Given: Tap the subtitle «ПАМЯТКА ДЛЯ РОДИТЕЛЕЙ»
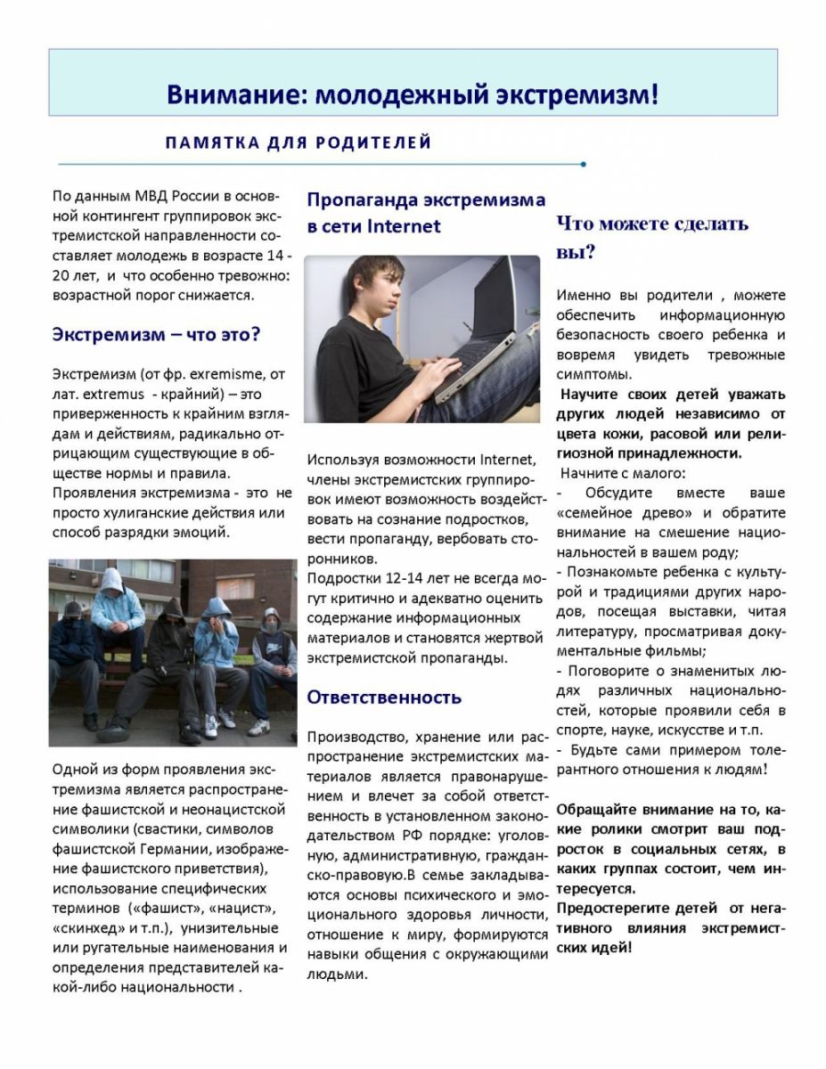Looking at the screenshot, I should point(299,143).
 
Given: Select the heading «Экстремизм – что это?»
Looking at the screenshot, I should point(156,335).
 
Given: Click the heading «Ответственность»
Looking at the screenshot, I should point(384,697).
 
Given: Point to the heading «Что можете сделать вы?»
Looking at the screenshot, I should point(652,237).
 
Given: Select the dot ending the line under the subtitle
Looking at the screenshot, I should point(583,164).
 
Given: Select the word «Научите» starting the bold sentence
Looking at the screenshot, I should point(592,395).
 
